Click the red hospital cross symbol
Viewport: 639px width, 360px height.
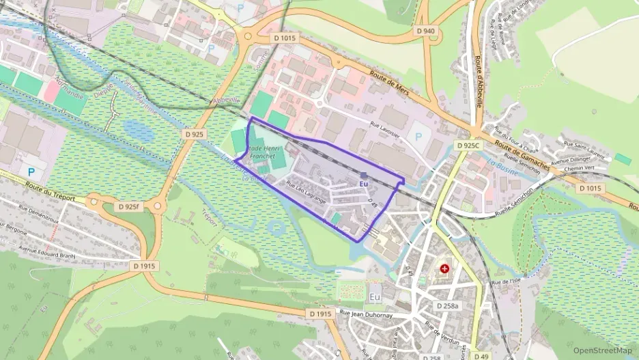click(445, 269)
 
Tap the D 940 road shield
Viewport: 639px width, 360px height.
click(425, 31)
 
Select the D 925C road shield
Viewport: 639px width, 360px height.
click(469, 146)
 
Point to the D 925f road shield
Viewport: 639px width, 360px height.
click(128, 206)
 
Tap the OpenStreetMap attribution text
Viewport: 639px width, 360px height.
click(602, 350)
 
